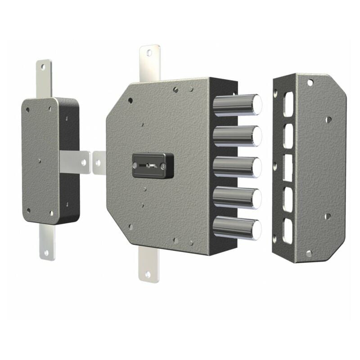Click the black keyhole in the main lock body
tap(153, 165)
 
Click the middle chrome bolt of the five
tap(236, 167)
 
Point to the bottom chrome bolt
tap(236, 229)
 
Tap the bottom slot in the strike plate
tap(287, 231)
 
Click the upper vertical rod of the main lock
tap(150, 63)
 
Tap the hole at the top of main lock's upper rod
tap(149, 53)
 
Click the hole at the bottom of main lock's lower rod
tap(148, 273)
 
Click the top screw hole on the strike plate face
tap(310, 83)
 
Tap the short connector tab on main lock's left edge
tap(99, 162)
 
